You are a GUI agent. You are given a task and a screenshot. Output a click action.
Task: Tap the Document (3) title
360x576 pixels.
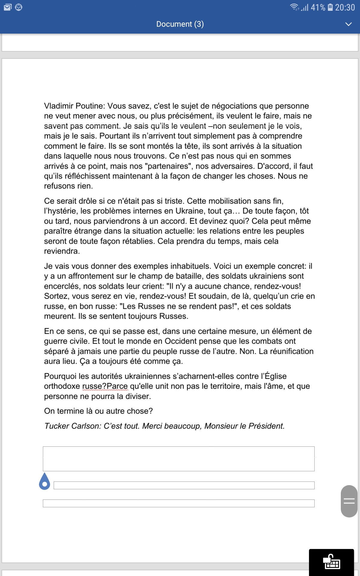pos(180,24)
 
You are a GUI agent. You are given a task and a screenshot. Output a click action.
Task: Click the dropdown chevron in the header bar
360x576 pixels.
pos(348,24)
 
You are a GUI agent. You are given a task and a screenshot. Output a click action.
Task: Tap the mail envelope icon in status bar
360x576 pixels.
pos(8,7)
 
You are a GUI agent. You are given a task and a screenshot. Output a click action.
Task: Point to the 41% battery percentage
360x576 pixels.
pos(318,7)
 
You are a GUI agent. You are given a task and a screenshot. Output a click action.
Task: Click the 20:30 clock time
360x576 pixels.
pos(345,7)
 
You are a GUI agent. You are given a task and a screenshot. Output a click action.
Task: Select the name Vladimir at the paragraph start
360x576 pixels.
pos(58,106)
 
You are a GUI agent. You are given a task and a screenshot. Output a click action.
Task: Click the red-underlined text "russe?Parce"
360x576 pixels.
pos(105,386)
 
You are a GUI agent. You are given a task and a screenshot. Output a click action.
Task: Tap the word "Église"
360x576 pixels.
pos(275,376)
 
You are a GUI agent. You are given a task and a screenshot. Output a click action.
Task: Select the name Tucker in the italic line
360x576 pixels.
pos(57,426)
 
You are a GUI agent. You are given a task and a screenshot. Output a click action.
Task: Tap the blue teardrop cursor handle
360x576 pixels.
pos(45,482)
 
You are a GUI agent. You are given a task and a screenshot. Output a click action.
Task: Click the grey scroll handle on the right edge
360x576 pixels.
pos(349,501)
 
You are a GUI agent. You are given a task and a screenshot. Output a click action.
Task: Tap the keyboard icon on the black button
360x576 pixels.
pos(331,562)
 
